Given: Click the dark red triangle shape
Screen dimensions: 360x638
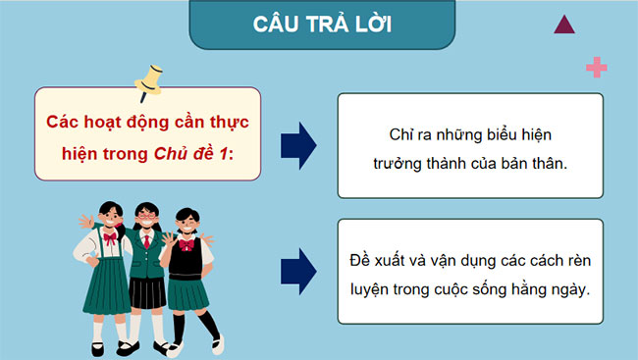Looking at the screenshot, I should [x=563, y=25].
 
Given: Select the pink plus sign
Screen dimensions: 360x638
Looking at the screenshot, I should [x=595, y=67].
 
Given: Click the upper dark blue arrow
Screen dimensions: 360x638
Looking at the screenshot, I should [x=297, y=145].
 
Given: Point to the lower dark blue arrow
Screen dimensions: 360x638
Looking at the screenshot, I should [x=297, y=271].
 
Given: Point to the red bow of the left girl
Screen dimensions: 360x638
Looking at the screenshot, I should [x=108, y=238].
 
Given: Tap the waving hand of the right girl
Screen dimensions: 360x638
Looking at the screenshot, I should [x=208, y=239].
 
